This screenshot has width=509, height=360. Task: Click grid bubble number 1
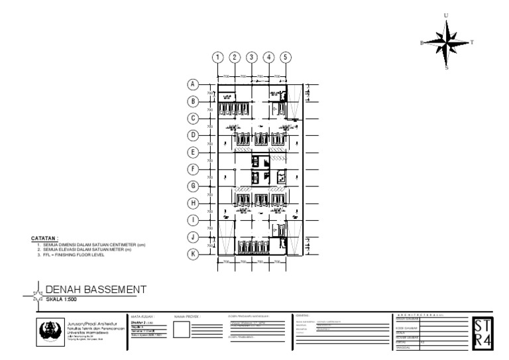217,58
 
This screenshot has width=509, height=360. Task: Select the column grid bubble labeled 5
286,58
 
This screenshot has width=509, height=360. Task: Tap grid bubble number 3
252,58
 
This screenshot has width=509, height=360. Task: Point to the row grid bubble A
193,85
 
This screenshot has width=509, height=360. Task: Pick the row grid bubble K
193,254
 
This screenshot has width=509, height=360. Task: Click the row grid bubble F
193,169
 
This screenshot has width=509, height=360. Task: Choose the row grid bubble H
193,203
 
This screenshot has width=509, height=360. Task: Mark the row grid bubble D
193,135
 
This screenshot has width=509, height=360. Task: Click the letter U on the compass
447,15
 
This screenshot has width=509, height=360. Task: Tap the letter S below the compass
447,67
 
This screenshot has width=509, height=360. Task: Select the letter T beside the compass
471,42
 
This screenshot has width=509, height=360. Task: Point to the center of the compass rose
447,42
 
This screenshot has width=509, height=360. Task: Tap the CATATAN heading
44,237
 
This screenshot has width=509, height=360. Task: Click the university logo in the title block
49,328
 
